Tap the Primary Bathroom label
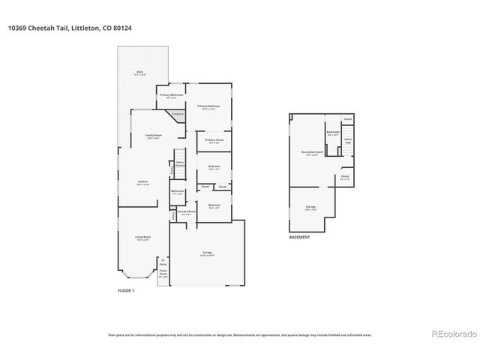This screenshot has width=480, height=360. pyautogui.click(x=171, y=96)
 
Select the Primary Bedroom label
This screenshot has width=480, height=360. pyautogui.click(x=208, y=106)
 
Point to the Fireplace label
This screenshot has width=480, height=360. pyautogui.click(x=178, y=114)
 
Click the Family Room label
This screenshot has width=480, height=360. pyautogui.click(x=154, y=136)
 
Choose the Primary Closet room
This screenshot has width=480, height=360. pyautogui.click(x=214, y=141)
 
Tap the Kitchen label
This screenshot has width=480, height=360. pyautogui.click(x=143, y=183)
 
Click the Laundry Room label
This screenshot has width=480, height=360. pyautogui.click(x=186, y=212)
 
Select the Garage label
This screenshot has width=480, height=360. pyautogui.click(x=207, y=253)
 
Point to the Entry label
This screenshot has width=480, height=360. pyautogui.click(x=163, y=264)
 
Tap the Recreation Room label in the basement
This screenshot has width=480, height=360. pyautogui.click(x=312, y=153)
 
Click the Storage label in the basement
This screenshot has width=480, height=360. pyautogui.click(x=310, y=206)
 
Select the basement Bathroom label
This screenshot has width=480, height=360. pyautogui.click(x=333, y=133)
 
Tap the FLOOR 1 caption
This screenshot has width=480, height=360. pyautogui.click(x=126, y=289)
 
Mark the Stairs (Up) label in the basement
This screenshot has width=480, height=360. pyautogui.click(x=348, y=139)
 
